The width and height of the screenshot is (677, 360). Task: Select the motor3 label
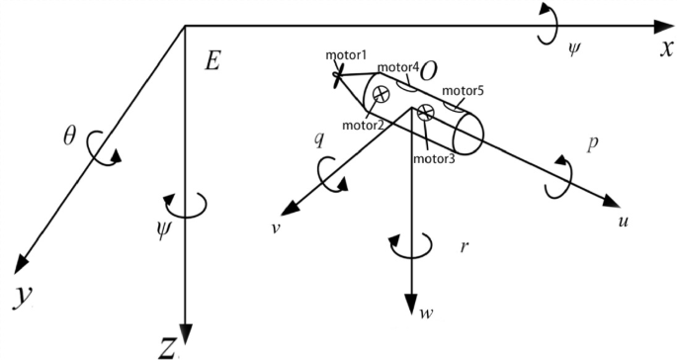click(x=434, y=158)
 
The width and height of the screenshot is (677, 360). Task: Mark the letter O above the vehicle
click(x=429, y=71)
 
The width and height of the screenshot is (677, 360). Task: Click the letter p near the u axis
click(x=591, y=143)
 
